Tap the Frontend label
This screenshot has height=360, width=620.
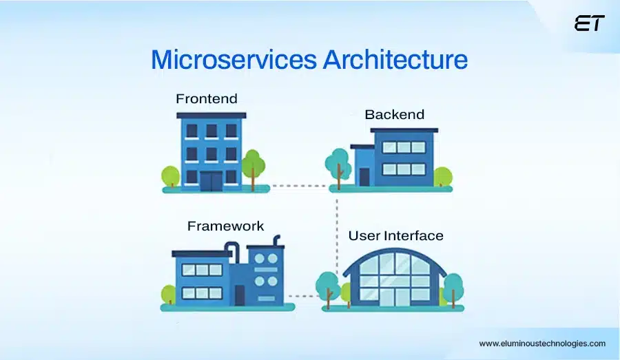point(206,98)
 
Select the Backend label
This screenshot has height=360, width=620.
point(394,114)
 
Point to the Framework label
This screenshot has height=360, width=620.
point(225,226)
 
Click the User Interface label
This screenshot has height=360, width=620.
point(395,235)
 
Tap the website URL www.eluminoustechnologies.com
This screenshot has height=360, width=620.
point(542,343)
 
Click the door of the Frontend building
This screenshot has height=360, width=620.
point(211,180)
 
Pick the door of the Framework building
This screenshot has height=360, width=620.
point(239,295)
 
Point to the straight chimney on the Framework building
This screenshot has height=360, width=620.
point(277,242)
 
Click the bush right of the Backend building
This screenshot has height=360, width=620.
point(442,177)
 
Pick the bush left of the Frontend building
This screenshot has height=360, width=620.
point(170,176)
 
